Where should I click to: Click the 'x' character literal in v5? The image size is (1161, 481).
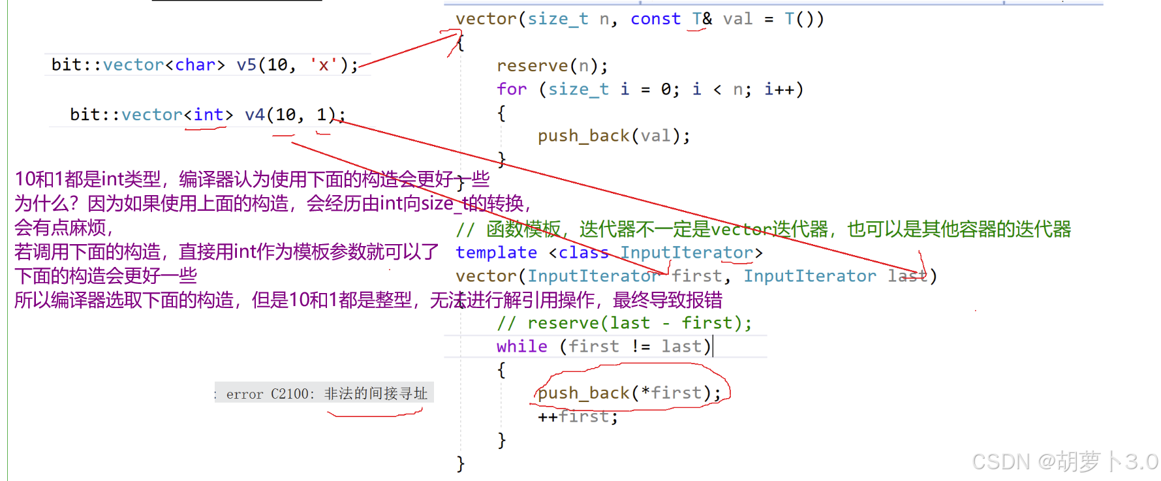coord(323,65)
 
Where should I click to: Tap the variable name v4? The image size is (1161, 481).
coord(255,115)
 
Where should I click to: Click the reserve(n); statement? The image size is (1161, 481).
coord(552,66)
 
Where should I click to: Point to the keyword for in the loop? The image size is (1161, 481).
coord(511,89)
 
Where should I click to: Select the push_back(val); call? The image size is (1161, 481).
coord(613,136)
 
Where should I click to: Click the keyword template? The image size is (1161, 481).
coord(496,253)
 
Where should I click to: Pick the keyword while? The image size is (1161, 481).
coord(521,347)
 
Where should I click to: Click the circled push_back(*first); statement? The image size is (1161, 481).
coord(629,393)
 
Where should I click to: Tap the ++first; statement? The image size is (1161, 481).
coord(577,416)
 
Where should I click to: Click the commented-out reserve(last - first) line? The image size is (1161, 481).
coord(624,323)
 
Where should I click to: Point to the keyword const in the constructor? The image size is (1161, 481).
coord(655,20)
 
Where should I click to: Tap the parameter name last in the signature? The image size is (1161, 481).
coord(907,276)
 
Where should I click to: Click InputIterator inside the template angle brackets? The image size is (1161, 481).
coord(687,253)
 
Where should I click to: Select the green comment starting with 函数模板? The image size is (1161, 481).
coord(764,229)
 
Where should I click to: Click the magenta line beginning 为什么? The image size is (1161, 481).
coord(273,204)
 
